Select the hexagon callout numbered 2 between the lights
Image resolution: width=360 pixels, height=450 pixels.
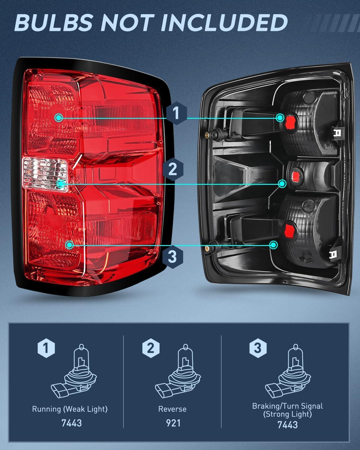pyautogui.click(x=172, y=169)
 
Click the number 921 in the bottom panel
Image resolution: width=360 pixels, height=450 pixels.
pyautogui.click(x=173, y=423)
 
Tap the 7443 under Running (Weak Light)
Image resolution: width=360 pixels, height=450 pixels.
pyautogui.click(x=71, y=423)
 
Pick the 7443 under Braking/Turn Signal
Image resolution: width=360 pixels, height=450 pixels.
pyautogui.click(x=287, y=425)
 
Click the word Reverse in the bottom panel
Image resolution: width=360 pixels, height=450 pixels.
pyautogui.click(x=172, y=409)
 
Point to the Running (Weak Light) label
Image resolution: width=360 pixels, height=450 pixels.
pyautogui.click(x=70, y=409)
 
